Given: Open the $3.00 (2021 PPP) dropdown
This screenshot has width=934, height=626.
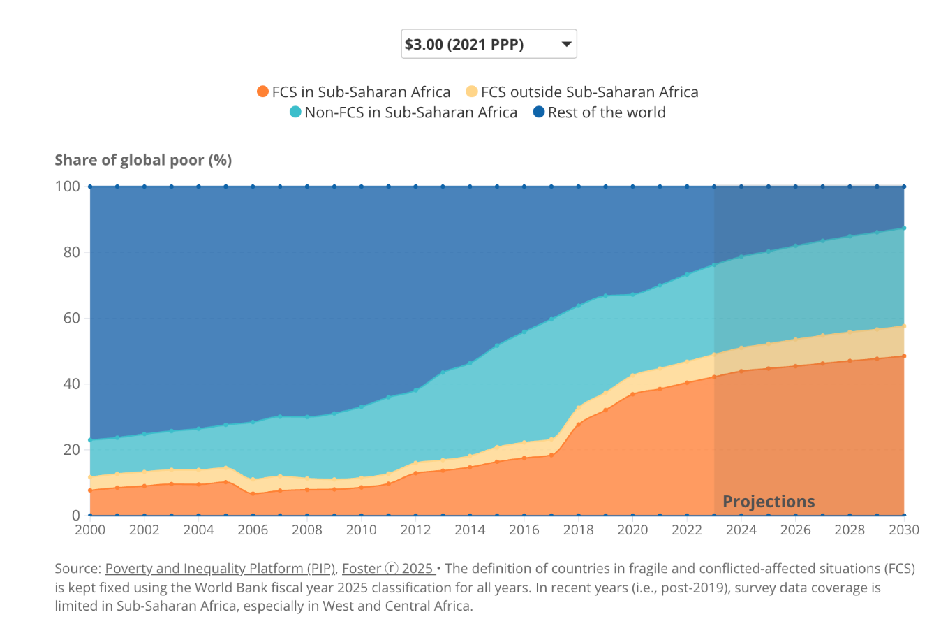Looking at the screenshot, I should point(489,44).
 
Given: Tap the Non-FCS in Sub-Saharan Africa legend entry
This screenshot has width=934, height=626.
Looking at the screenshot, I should point(403,112).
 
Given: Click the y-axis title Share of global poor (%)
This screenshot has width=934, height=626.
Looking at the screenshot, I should point(143,160).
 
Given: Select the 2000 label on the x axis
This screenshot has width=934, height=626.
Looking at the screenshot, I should point(90,530).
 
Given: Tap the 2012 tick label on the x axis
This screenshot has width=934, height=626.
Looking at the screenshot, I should point(415,530).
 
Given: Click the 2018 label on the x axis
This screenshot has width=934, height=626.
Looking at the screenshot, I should point(578,530).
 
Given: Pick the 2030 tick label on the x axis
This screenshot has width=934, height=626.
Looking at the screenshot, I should point(903,530).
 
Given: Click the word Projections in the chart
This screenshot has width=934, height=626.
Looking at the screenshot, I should point(769,501).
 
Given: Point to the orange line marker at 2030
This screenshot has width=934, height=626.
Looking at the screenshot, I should point(904,356).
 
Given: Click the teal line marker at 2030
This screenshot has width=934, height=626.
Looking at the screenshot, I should point(904,228).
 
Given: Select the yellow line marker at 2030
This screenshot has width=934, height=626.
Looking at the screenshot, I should point(904,326).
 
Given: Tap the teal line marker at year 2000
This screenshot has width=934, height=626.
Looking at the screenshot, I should point(90,440).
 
